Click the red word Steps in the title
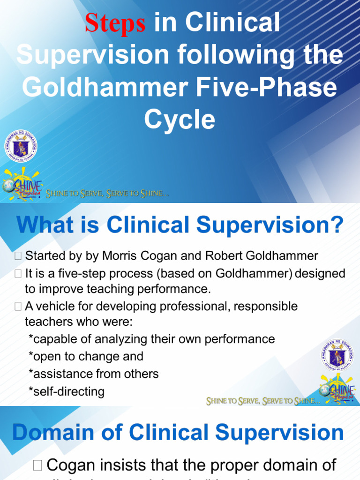pos(114,23)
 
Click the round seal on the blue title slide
pos(21,146)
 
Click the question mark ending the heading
pos(335,225)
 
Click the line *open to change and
pos(86,356)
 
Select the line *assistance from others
pos(93,374)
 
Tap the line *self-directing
pos(66,391)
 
